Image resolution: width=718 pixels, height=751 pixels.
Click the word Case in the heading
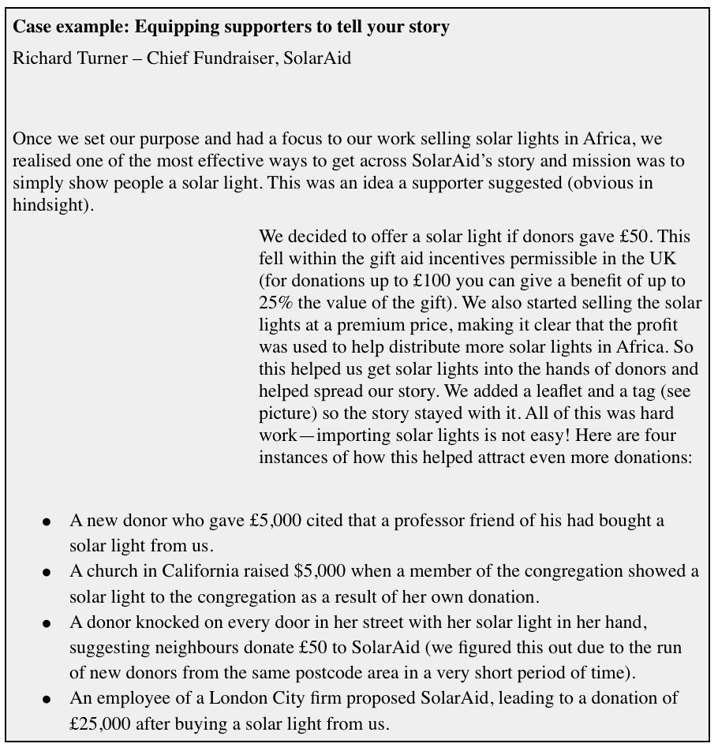click(x=31, y=27)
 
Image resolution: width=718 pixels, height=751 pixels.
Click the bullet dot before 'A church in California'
click(x=47, y=573)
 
